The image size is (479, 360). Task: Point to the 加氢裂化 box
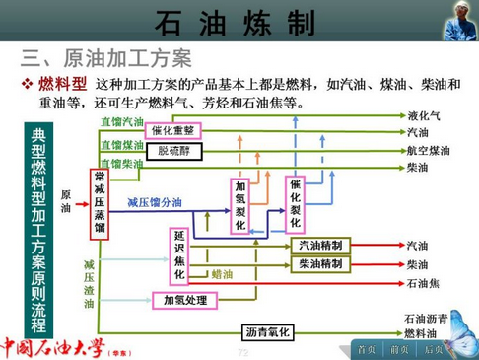tap(241, 205)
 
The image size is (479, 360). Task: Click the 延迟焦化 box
tap(179, 254)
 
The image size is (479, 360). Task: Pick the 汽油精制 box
tap(319, 245)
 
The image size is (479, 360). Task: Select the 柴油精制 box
tap(319, 264)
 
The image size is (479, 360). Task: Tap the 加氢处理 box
tap(185, 299)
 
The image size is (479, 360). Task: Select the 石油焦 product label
tap(423, 283)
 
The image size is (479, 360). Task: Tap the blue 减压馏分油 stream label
tap(154, 202)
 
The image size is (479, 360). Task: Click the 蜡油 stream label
tap(223, 273)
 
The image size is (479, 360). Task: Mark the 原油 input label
tap(66, 202)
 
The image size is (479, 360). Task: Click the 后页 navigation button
tap(433, 349)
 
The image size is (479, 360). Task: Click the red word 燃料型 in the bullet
tap(63, 83)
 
